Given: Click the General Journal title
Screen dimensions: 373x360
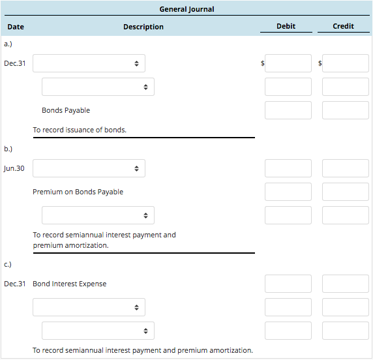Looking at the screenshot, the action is [x=186, y=9].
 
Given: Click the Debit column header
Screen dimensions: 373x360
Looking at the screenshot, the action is [x=286, y=26].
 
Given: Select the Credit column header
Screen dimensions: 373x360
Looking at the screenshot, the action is [x=343, y=26].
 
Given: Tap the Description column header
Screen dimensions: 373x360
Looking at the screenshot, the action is [x=143, y=27].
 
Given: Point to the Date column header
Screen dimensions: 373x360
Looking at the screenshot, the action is [x=16, y=27].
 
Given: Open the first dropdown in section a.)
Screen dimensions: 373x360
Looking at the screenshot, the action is [x=89, y=63].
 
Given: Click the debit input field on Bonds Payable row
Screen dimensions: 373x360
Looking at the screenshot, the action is [x=288, y=110].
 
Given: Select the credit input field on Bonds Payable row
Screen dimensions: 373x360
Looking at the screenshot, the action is [x=345, y=110].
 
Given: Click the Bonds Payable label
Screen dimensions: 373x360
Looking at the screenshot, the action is [x=66, y=110].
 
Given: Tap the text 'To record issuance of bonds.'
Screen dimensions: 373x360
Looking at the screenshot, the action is [x=80, y=130].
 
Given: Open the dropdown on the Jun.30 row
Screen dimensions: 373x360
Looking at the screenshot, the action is [x=89, y=168].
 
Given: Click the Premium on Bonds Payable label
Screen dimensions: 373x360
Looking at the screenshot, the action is [x=78, y=192].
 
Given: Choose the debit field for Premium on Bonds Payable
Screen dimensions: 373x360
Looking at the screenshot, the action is [x=288, y=192].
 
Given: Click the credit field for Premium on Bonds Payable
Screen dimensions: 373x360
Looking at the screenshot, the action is [x=345, y=192].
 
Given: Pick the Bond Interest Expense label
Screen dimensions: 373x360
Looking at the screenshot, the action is [x=69, y=284].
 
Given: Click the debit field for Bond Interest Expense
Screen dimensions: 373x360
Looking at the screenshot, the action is [x=288, y=284].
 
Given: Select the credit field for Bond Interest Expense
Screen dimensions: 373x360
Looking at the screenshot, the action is [x=345, y=284].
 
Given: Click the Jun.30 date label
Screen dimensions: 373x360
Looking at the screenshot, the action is [x=14, y=168].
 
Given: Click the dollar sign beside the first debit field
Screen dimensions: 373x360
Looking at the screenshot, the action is [x=262, y=64].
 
